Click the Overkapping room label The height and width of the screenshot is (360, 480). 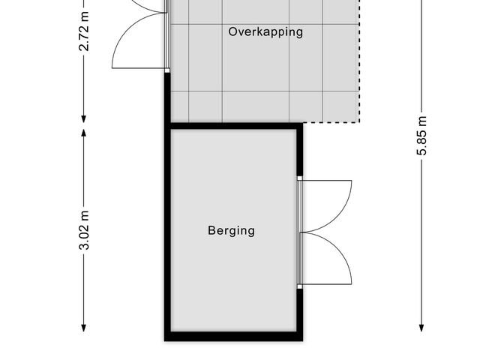point(265,32)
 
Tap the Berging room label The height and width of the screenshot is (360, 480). point(231,231)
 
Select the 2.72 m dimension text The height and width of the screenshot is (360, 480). point(83,31)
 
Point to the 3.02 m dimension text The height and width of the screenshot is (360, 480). point(83,230)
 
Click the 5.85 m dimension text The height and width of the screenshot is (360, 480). point(421,136)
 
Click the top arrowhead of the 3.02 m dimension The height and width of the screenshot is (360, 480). point(83,133)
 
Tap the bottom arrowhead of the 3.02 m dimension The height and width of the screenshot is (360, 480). point(83,328)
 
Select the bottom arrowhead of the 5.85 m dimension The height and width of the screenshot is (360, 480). point(421,328)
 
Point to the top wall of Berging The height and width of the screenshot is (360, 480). point(233,126)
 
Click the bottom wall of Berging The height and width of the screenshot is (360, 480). point(233,336)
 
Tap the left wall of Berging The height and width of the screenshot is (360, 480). point(167,232)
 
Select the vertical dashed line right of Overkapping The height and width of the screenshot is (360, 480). point(359,61)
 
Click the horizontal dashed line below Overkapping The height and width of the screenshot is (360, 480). point(331,123)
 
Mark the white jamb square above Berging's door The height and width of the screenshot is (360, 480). point(300,178)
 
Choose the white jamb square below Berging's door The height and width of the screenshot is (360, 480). point(300,286)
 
